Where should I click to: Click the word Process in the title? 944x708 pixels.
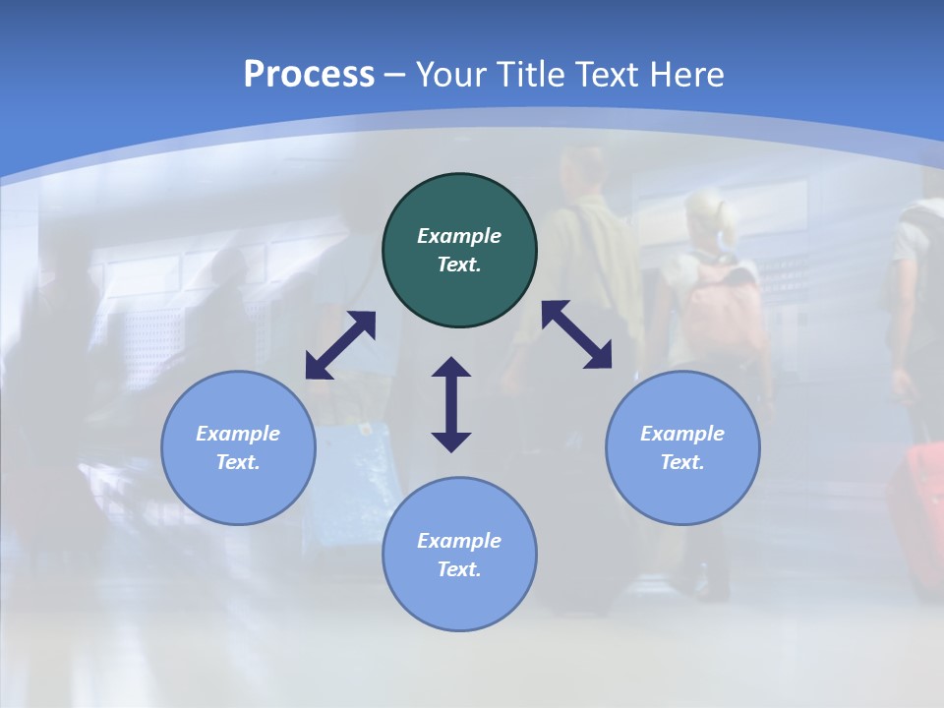point(309,75)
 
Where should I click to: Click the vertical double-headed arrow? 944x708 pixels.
point(451,404)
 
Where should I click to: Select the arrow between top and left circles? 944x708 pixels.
point(340,345)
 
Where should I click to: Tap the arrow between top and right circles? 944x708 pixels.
point(577,334)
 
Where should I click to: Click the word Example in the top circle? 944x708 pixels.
point(459,236)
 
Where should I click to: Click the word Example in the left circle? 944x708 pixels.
point(238,434)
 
